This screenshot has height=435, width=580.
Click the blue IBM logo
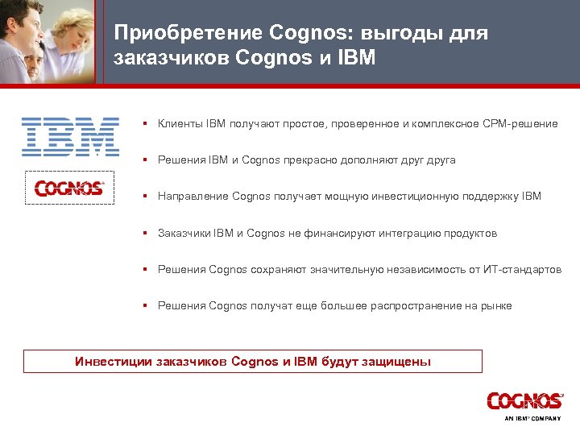[70, 136]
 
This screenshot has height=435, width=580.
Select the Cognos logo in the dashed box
[69, 188]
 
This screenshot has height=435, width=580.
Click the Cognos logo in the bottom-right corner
[524, 401]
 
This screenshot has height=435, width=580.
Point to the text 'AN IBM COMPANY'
[532, 419]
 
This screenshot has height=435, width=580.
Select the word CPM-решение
[522, 124]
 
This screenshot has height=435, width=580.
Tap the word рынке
[495, 306]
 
